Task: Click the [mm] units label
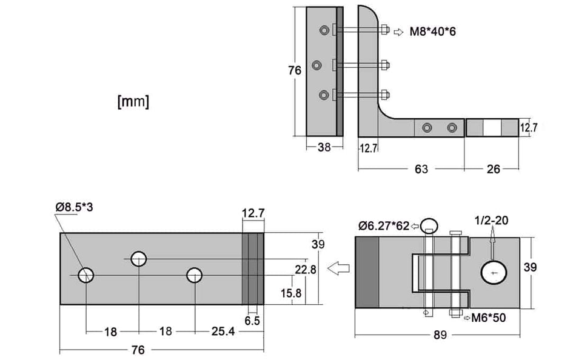click(x=133, y=101)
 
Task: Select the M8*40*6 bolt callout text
click(x=432, y=32)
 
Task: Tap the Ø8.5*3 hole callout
click(x=74, y=207)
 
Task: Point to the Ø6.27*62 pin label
click(x=384, y=225)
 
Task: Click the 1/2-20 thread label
click(x=492, y=221)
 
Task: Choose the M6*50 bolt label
click(x=489, y=318)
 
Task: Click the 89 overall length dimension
click(x=440, y=335)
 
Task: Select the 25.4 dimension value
click(x=223, y=332)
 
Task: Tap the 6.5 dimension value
click(x=252, y=321)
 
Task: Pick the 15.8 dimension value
click(x=291, y=293)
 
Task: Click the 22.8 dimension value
click(x=305, y=270)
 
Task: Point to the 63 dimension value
click(x=421, y=169)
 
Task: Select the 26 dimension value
click(x=494, y=169)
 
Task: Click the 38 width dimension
click(x=324, y=147)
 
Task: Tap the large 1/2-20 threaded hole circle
click(x=494, y=272)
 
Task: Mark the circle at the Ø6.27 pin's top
click(x=429, y=225)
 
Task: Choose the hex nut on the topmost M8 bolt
click(x=384, y=29)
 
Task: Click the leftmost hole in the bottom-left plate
click(x=86, y=275)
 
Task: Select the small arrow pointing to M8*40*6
click(x=398, y=32)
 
